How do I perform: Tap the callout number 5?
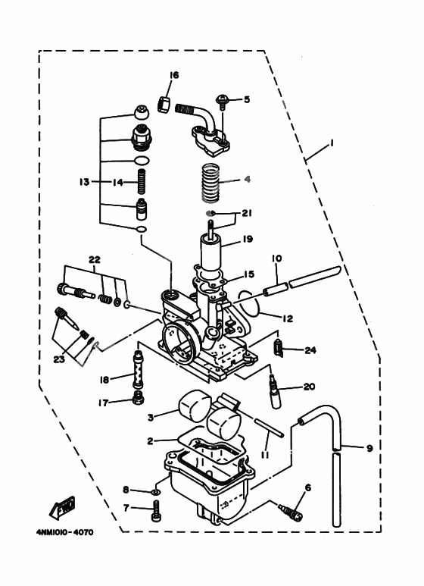click(x=246, y=99)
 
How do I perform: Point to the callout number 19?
click(x=247, y=240)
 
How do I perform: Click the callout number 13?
click(x=84, y=182)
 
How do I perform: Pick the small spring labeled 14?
click(x=140, y=182)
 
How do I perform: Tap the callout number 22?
click(x=94, y=259)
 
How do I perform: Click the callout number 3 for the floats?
click(x=151, y=417)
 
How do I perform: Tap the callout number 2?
click(x=151, y=440)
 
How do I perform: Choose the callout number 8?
click(x=126, y=490)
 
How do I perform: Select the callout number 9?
click(x=369, y=448)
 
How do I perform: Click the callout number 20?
click(x=308, y=386)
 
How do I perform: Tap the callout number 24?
click(x=309, y=349)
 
